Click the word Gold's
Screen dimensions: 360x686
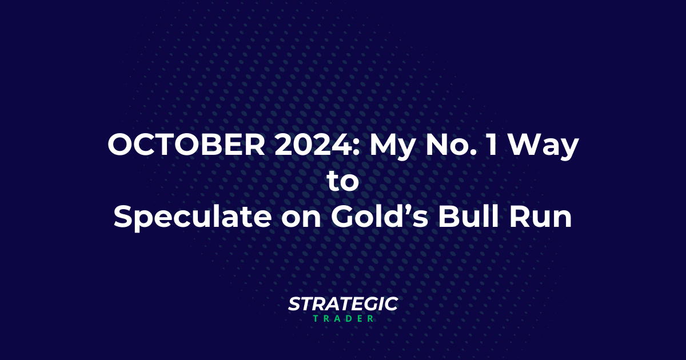[377, 218]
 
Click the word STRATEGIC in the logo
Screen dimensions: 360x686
[342, 304]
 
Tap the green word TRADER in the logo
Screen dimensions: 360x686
[343, 318]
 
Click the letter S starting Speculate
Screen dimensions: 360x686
[123, 218]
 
